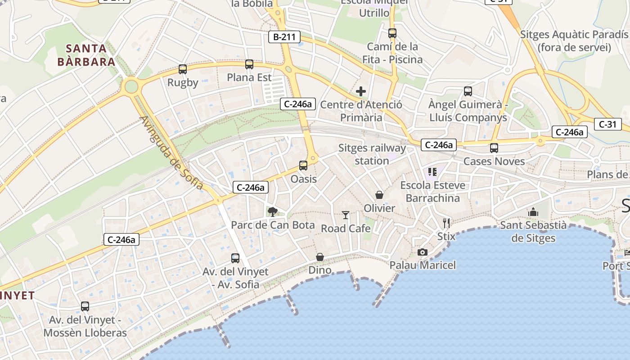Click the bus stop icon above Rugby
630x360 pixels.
pos(182,69)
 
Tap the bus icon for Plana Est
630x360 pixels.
pos(249,64)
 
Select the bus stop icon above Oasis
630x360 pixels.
pos(303,166)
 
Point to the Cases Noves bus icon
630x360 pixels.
pos(494,148)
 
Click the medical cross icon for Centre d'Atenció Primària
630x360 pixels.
pos(361,92)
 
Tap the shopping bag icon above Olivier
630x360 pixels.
pos(379,195)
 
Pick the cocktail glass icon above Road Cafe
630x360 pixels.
pos(346,215)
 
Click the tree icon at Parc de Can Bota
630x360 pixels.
pos(272,211)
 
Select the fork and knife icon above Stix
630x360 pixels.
pos(446,223)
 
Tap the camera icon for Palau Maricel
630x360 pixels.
pos(422,252)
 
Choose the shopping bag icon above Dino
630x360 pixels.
pos(320,257)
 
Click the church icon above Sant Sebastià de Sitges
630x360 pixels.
pos(533,211)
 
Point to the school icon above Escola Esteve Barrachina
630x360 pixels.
pos(432,171)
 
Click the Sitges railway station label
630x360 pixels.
pos(372,154)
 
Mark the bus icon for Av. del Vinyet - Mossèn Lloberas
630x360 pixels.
pos(85,306)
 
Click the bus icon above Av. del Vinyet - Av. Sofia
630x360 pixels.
pos(235,258)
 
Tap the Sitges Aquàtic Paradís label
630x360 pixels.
pos(574,41)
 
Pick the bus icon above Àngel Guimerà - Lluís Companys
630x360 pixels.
pos(468,91)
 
